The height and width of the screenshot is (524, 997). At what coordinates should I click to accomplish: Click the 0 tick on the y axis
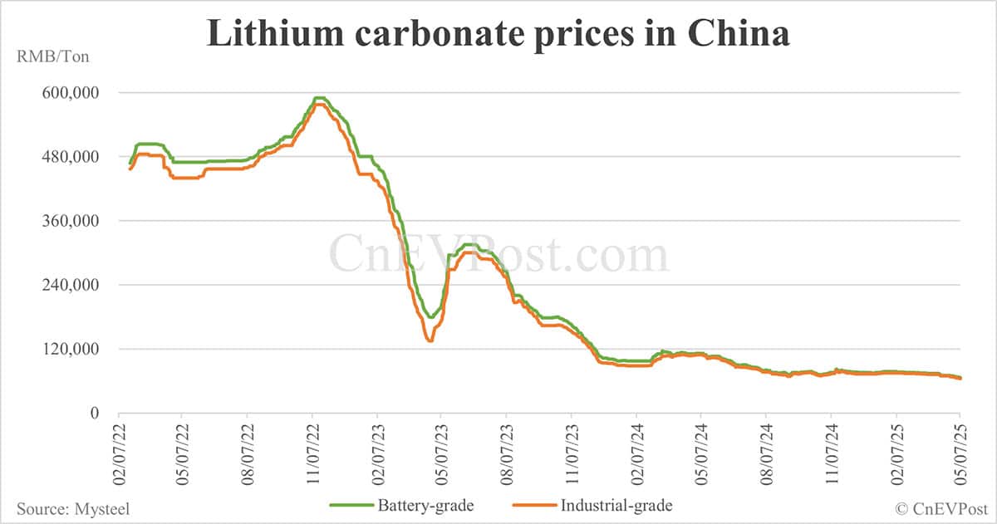(x=94, y=413)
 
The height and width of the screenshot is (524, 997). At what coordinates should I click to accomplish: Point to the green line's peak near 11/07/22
(x=318, y=98)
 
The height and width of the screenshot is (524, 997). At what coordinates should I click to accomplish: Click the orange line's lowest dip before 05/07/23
(x=430, y=340)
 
